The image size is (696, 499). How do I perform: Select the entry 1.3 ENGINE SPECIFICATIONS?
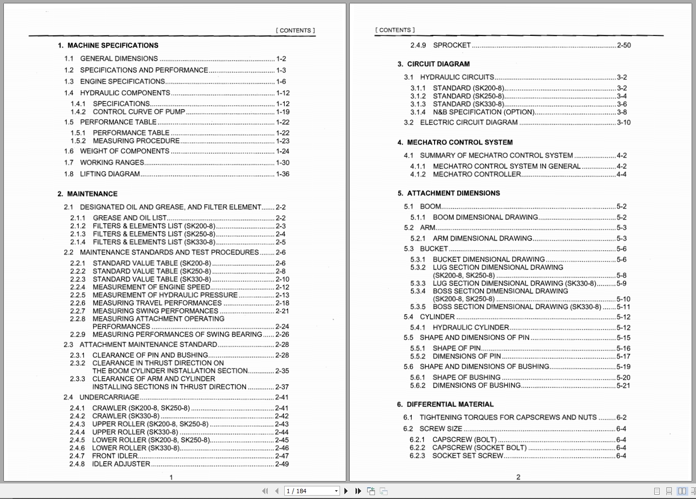click(x=122, y=81)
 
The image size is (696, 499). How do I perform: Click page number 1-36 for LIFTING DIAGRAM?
click(x=282, y=174)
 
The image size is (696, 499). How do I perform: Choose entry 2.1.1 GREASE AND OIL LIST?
click(x=129, y=218)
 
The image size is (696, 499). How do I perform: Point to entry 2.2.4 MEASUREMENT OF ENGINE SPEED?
click(x=151, y=287)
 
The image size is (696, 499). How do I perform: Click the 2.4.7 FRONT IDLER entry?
click(x=115, y=456)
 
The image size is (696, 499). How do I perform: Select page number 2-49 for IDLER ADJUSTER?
click(x=282, y=464)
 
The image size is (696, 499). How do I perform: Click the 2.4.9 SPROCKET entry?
click(x=452, y=45)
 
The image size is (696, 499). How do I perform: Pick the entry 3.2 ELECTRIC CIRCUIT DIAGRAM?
click(x=469, y=122)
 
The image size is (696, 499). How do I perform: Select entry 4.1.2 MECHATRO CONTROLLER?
click(x=477, y=174)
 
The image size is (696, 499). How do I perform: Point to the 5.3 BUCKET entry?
click(x=434, y=249)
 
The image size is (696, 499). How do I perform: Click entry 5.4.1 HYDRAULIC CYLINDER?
click(x=470, y=327)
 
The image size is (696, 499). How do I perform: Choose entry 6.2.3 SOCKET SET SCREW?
click(x=468, y=456)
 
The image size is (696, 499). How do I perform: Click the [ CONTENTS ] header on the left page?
click(x=295, y=30)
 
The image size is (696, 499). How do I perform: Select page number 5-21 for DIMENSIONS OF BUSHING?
click(x=623, y=386)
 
